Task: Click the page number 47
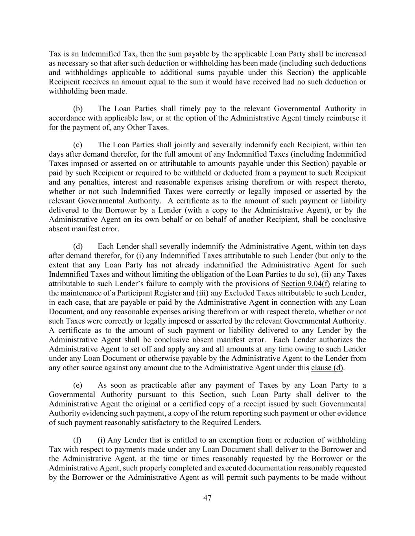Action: (207, 498)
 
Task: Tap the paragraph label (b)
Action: (78, 109)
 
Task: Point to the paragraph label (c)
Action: (78, 145)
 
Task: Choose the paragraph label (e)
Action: (78, 385)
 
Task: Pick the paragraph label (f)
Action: (77, 440)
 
